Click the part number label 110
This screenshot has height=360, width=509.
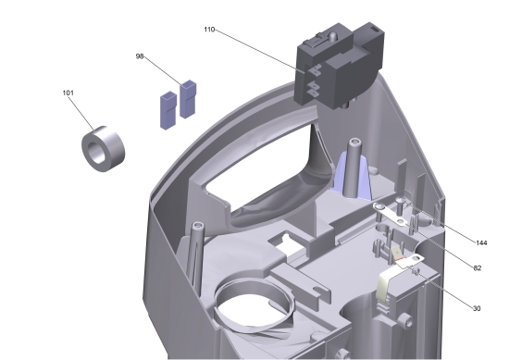pos(209,30)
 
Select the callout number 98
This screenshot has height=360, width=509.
pos(140,56)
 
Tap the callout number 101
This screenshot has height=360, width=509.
pos(68,93)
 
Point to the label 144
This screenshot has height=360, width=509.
pos(480,242)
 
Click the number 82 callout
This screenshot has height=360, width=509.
pos(477,267)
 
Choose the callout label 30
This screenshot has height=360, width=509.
pos(477,308)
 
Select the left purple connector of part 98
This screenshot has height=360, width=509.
pos(168,106)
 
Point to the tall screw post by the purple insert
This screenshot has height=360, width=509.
pos(353,167)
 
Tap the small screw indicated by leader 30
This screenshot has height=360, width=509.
pos(417,273)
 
